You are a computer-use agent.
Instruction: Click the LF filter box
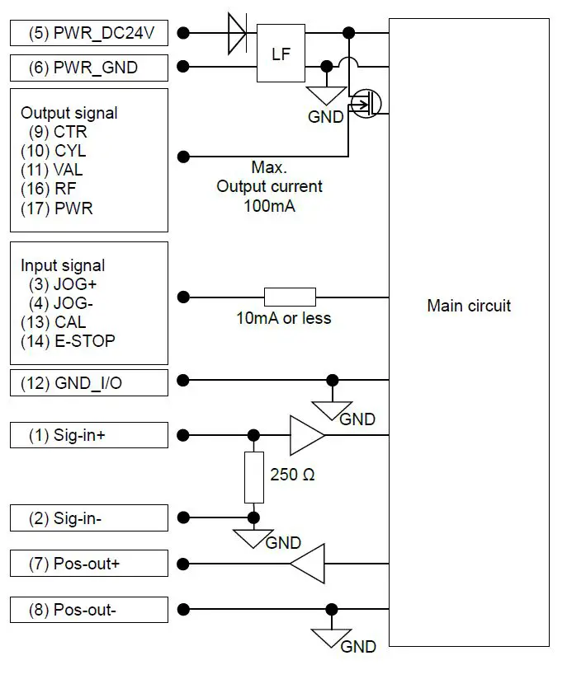pyautogui.click(x=281, y=54)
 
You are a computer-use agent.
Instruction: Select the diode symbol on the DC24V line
pyautogui.click(x=236, y=34)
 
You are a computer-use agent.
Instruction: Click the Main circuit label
pyautogui.click(x=469, y=306)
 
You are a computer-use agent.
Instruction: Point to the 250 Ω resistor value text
pyautogui.click(x=292, y=475)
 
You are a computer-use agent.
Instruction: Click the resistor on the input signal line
pyautogui.click(x=290, y=297)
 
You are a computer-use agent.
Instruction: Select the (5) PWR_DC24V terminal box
pyautogui.click(x=89, y=34)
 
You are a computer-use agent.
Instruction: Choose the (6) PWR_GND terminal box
pyautogui.click(x=89, y=68)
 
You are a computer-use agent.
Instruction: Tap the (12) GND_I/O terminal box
pyautogui.click(x=89, y=383)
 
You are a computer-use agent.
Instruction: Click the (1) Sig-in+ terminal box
pyautogui.click(x=89, y=436)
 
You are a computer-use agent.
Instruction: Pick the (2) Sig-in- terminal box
pyautogui.click(x=89, y=518)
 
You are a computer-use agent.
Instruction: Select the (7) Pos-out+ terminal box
pyautogui.click(x=89, y=564)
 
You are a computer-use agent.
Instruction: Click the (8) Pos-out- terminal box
pyautogui.click(x=89, y=611)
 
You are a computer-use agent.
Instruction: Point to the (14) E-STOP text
pyautogui.click(x=68, y=341)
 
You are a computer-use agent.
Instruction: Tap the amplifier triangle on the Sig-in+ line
pyautogui.click(x=306, y=435)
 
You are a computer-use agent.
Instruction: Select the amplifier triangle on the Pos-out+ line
pyautogui.click(x=308, y=564)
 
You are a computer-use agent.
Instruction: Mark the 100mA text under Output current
pyautogui.click(x=269, y=206)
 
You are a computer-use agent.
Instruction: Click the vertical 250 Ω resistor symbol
pyautogui.click(x=253, y=477)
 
